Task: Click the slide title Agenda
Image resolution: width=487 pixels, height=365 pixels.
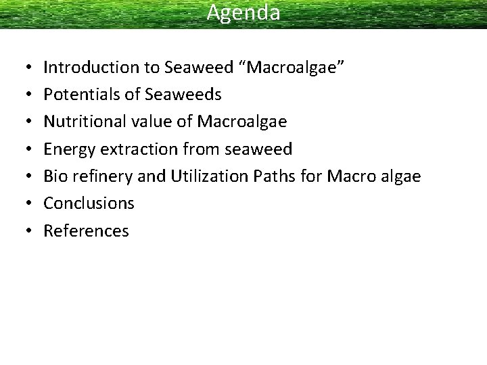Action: coord(243,12)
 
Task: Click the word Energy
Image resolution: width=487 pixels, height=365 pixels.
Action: coord(65,149)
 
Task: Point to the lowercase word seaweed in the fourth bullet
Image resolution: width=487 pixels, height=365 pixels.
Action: coord(259,149)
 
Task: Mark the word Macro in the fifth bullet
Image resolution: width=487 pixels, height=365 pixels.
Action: coord(349,176)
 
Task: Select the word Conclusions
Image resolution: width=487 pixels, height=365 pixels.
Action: coord(89,203)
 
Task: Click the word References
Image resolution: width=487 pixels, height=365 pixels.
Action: coord(86,231)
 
